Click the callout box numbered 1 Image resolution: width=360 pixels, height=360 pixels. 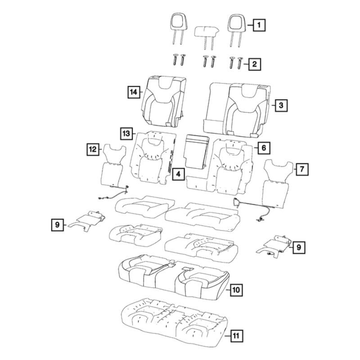click(259, 25)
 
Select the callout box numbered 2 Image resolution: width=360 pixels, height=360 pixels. click(255, 64)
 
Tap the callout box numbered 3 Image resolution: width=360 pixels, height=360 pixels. click(281, 105)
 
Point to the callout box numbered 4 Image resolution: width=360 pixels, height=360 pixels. click(178, 174)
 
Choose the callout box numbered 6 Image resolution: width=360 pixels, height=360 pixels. click(264, 148)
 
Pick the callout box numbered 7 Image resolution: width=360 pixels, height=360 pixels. click(302, 169)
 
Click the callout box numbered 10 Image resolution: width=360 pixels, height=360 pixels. click(236, 290)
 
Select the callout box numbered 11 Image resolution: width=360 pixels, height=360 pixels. click(236, 336)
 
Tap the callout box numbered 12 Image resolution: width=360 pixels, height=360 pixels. click(93, 149)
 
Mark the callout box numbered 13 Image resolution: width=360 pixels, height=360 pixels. click(126, 133)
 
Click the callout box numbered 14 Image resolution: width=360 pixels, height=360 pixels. click(134, 92)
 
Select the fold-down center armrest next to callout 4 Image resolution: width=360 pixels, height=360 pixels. click(197, 152)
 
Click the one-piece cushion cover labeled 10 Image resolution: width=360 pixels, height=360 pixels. click(174, 277)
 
